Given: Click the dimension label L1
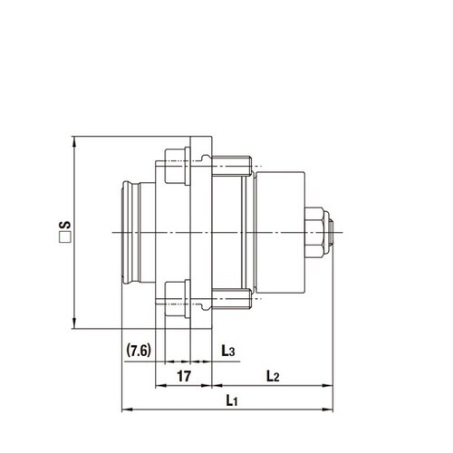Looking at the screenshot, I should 231,400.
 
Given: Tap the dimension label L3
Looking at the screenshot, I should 228,350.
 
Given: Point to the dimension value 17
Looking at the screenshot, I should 182,374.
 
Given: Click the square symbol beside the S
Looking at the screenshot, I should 65,240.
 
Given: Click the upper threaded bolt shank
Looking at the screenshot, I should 231,165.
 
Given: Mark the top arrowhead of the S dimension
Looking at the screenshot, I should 73,141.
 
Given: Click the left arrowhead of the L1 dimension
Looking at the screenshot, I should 126,409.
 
